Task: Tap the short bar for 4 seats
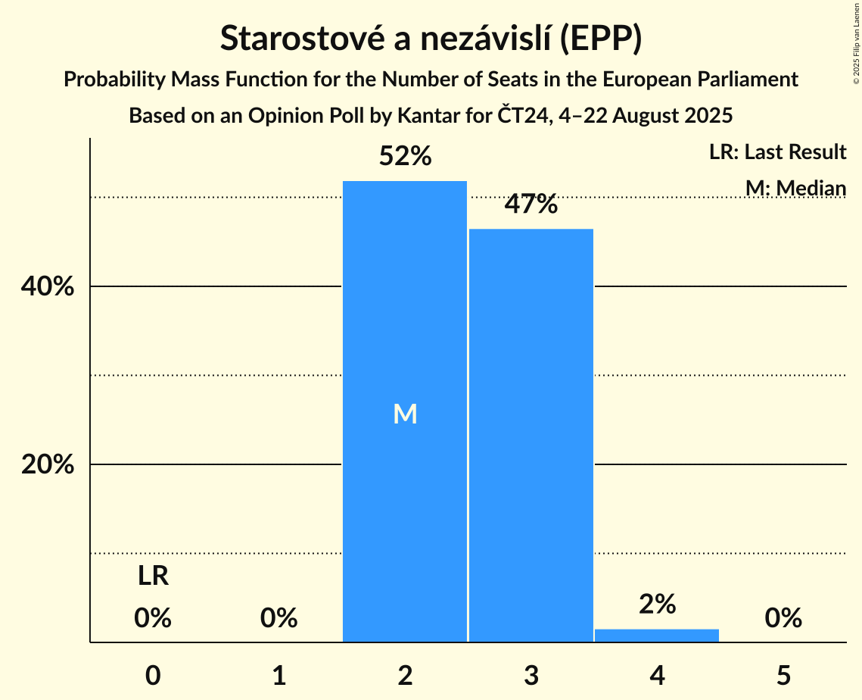tap(657, 636)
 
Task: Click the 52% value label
tap(405, 157)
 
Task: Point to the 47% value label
tap(531, 204)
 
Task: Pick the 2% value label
tap(657, 604)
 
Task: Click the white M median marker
tap(405, 414)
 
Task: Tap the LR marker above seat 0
tap(153, 577)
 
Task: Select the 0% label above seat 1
tap(279, 618)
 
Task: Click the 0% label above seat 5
tap(783, 618)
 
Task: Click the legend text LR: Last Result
tap(777, 152)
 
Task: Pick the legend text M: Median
tap(795, 187)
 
